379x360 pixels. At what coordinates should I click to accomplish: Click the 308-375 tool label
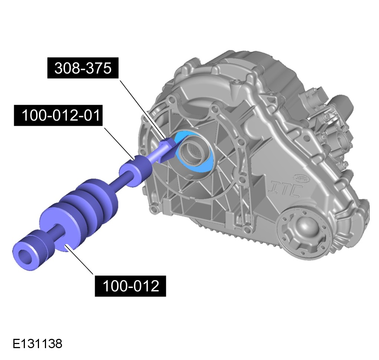tap(83, 68)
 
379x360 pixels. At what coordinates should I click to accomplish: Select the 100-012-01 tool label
tap(58, 115)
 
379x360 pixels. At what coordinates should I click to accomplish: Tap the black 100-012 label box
tap(130, 286)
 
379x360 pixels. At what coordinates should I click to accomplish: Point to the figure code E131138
tap(37, 344)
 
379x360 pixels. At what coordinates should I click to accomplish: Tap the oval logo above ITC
tap(301, 178)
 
